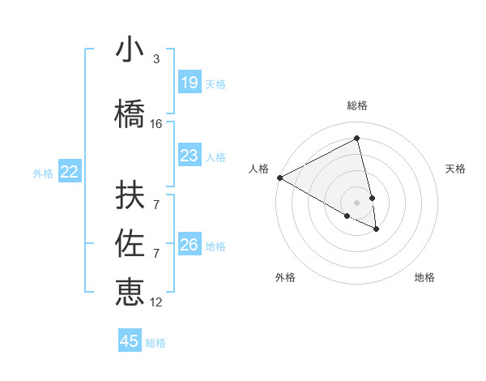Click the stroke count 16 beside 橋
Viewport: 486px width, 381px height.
[x=156, y=124]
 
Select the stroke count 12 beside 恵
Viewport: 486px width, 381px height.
[x=156, y=302]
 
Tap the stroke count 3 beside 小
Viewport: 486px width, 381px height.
[x=156, y=59]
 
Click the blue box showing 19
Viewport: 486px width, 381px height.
[x=189, y=82]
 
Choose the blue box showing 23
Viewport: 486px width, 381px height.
[x=189, y=155]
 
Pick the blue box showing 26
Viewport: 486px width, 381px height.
[x=189, y=244]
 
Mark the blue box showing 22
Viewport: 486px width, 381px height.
[x=70, y=171]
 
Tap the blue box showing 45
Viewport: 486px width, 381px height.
[x=130, y=341]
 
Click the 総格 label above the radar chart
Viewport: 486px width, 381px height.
[x=357, y=105]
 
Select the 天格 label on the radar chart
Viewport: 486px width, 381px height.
[x=456, y=169]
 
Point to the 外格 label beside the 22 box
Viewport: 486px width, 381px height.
[x=43, y=173]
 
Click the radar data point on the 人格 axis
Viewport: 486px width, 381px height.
[x=279, y=178]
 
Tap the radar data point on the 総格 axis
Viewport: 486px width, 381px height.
[x=357, y=139]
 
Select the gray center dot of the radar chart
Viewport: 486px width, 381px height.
[x=357, y=202]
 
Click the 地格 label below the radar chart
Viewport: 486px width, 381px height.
[x=424, y=277]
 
